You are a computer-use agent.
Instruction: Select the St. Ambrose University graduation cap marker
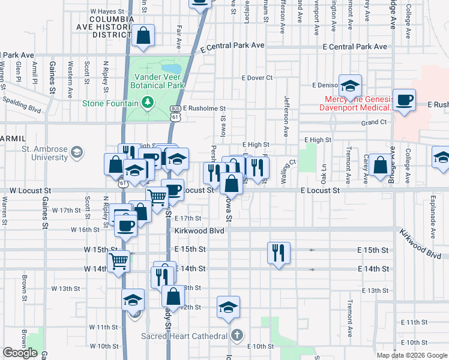tap(76, 152)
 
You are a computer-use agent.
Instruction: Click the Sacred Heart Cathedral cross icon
tap(238, 335)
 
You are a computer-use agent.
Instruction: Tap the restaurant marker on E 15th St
tap(279, 253)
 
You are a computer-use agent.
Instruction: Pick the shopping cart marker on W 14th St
tap(119, 261)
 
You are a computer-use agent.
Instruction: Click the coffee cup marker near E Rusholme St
tap(405, 100)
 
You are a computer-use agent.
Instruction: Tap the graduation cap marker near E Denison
tap(349, 86)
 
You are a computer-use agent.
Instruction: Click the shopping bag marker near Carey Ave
tap(380, 165)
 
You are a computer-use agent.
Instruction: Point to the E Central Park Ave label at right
tap(354, 46)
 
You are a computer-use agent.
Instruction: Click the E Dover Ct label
tap(257, 77)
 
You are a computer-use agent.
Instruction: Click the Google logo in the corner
tap(20, 353)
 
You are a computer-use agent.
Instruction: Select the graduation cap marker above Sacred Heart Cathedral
tap(228, 307)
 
